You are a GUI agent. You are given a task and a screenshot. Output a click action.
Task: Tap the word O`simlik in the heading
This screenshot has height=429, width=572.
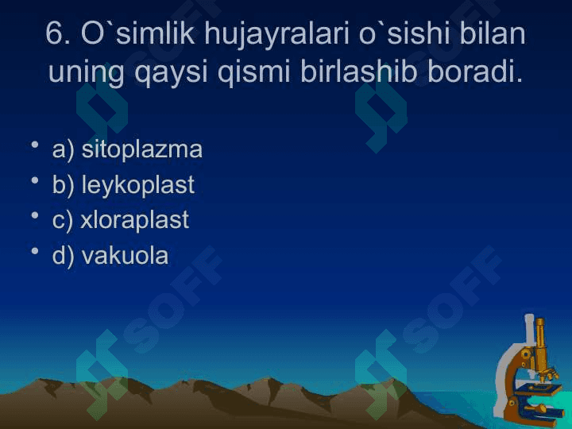[138, 33]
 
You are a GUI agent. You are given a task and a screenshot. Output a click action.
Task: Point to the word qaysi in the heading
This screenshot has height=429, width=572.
[171, 73]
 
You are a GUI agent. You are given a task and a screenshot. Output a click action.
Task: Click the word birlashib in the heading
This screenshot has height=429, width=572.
[358, 71]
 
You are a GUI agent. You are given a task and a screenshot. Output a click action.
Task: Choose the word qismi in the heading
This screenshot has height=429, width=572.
[254, 72]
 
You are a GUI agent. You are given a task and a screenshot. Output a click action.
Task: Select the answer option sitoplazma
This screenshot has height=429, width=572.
[141, 149]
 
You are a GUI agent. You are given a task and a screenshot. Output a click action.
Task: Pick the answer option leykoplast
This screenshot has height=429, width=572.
[138, 185]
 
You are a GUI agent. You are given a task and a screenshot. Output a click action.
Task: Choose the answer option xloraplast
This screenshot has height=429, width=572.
[134, 220]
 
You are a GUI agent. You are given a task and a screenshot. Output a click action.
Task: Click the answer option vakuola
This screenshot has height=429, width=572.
[126, 255]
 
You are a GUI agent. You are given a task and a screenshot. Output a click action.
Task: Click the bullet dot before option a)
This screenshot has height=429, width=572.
[35, 145]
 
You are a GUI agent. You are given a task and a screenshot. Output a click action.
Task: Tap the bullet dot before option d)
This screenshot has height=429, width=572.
[35, 251]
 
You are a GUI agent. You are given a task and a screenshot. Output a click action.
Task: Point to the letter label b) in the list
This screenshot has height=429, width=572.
[63, 185]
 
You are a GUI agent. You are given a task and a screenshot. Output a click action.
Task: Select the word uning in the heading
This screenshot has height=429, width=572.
[86, 73]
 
